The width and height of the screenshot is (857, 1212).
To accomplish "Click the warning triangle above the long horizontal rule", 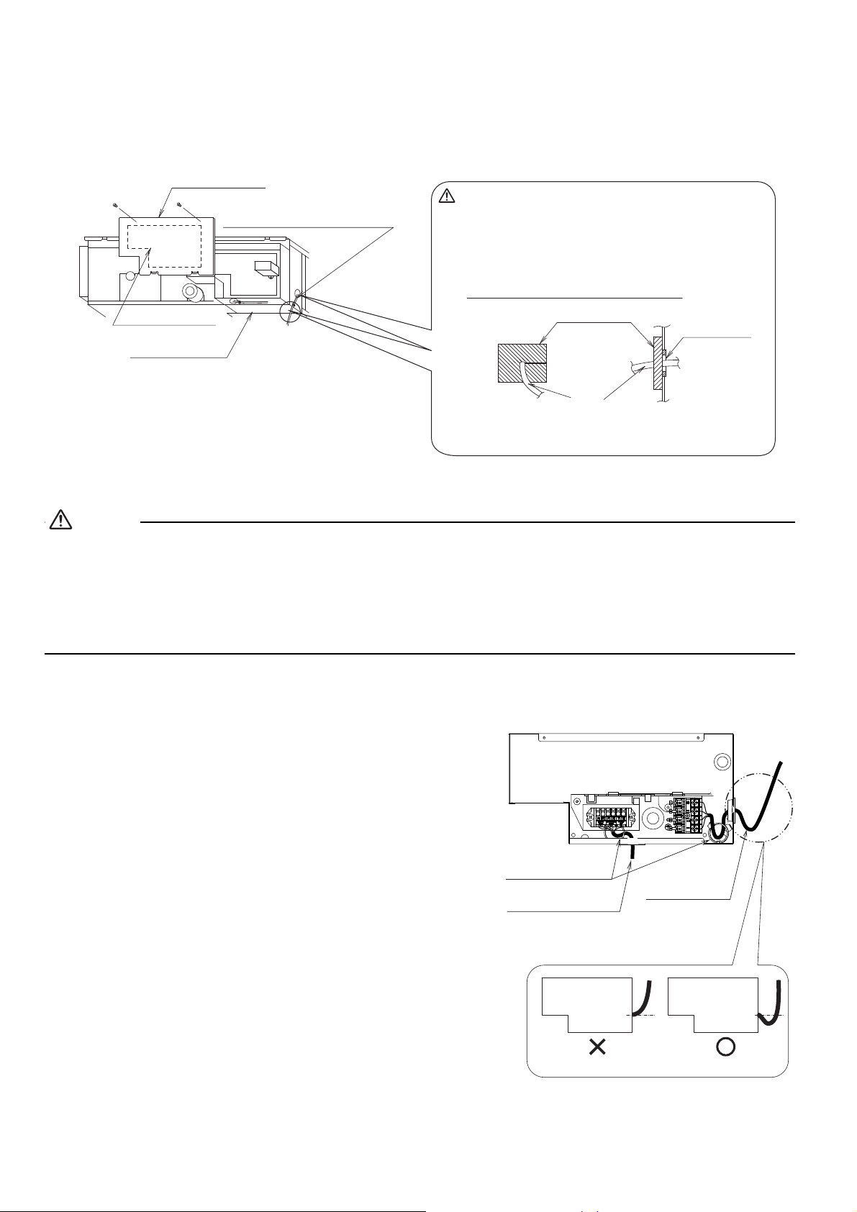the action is pos(61,521).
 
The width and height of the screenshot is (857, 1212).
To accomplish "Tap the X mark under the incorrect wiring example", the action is pos(597,1048).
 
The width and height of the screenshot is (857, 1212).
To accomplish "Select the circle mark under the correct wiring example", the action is pos(725,1048).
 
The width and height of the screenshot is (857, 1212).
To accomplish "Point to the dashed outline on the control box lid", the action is pos(164,246).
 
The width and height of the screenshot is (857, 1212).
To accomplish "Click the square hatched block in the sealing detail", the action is pos(522,363).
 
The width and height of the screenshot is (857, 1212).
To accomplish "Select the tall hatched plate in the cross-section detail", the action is pos(658,363).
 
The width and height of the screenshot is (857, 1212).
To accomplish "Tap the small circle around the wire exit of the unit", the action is pos(290,311).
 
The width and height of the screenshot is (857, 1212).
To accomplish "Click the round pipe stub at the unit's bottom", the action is pos(193,293).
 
